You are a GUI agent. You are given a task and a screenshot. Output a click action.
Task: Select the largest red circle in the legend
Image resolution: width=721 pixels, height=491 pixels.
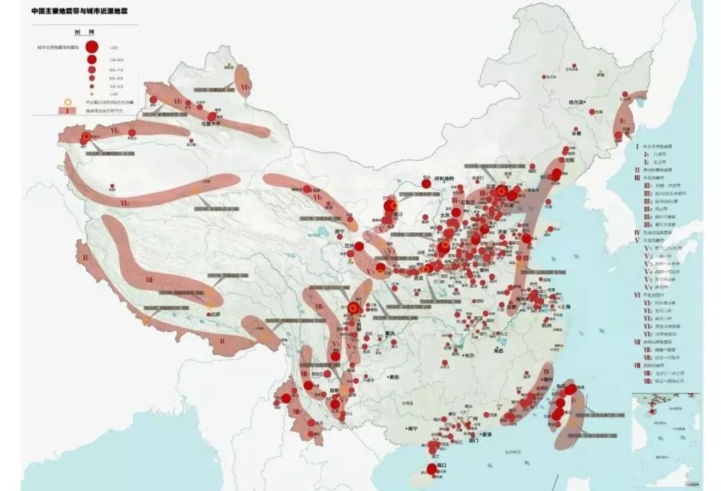(x=93, y=47)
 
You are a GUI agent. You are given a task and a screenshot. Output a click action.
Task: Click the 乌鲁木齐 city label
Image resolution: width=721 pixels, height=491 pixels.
(x=210, y=123)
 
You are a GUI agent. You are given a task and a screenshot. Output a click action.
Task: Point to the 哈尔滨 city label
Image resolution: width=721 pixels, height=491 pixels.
(x=576, y=102)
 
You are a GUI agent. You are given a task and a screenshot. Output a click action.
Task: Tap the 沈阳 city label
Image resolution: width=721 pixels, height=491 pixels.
(x=569, y=161)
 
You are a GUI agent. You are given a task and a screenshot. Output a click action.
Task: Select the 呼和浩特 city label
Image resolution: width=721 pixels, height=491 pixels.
(x=444, y=179)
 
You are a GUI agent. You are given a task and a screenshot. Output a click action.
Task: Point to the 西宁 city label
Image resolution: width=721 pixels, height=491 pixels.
(x=339, y=231)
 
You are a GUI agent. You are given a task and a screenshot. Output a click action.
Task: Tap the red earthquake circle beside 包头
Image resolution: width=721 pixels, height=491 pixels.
(x=425, y=183)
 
